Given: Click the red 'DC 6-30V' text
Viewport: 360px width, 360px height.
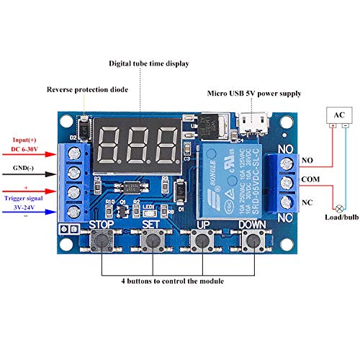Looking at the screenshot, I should (x=27, y=150).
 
